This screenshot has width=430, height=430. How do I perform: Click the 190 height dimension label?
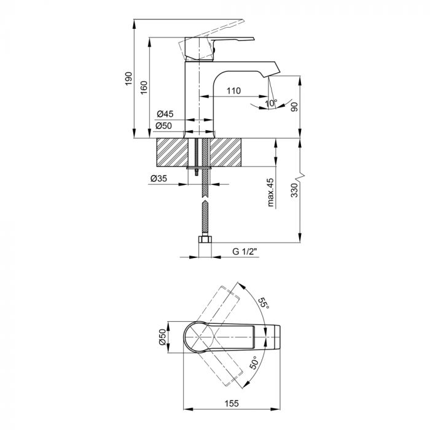click(128, 79)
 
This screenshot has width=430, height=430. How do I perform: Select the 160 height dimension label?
click(144, 87)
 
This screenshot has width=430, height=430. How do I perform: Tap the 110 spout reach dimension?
click(233, 90)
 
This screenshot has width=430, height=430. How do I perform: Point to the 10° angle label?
click(272, 103)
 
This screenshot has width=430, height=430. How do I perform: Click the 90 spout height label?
click(294, 107)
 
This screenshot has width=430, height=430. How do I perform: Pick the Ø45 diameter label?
click(165, 114)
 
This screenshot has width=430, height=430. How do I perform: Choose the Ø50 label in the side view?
click(164, 125)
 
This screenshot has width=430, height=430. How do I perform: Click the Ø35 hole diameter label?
click(158, 179)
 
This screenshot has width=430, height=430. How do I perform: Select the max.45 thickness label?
click(271, 192)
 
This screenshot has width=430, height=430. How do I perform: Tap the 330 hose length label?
click(294, 190)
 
